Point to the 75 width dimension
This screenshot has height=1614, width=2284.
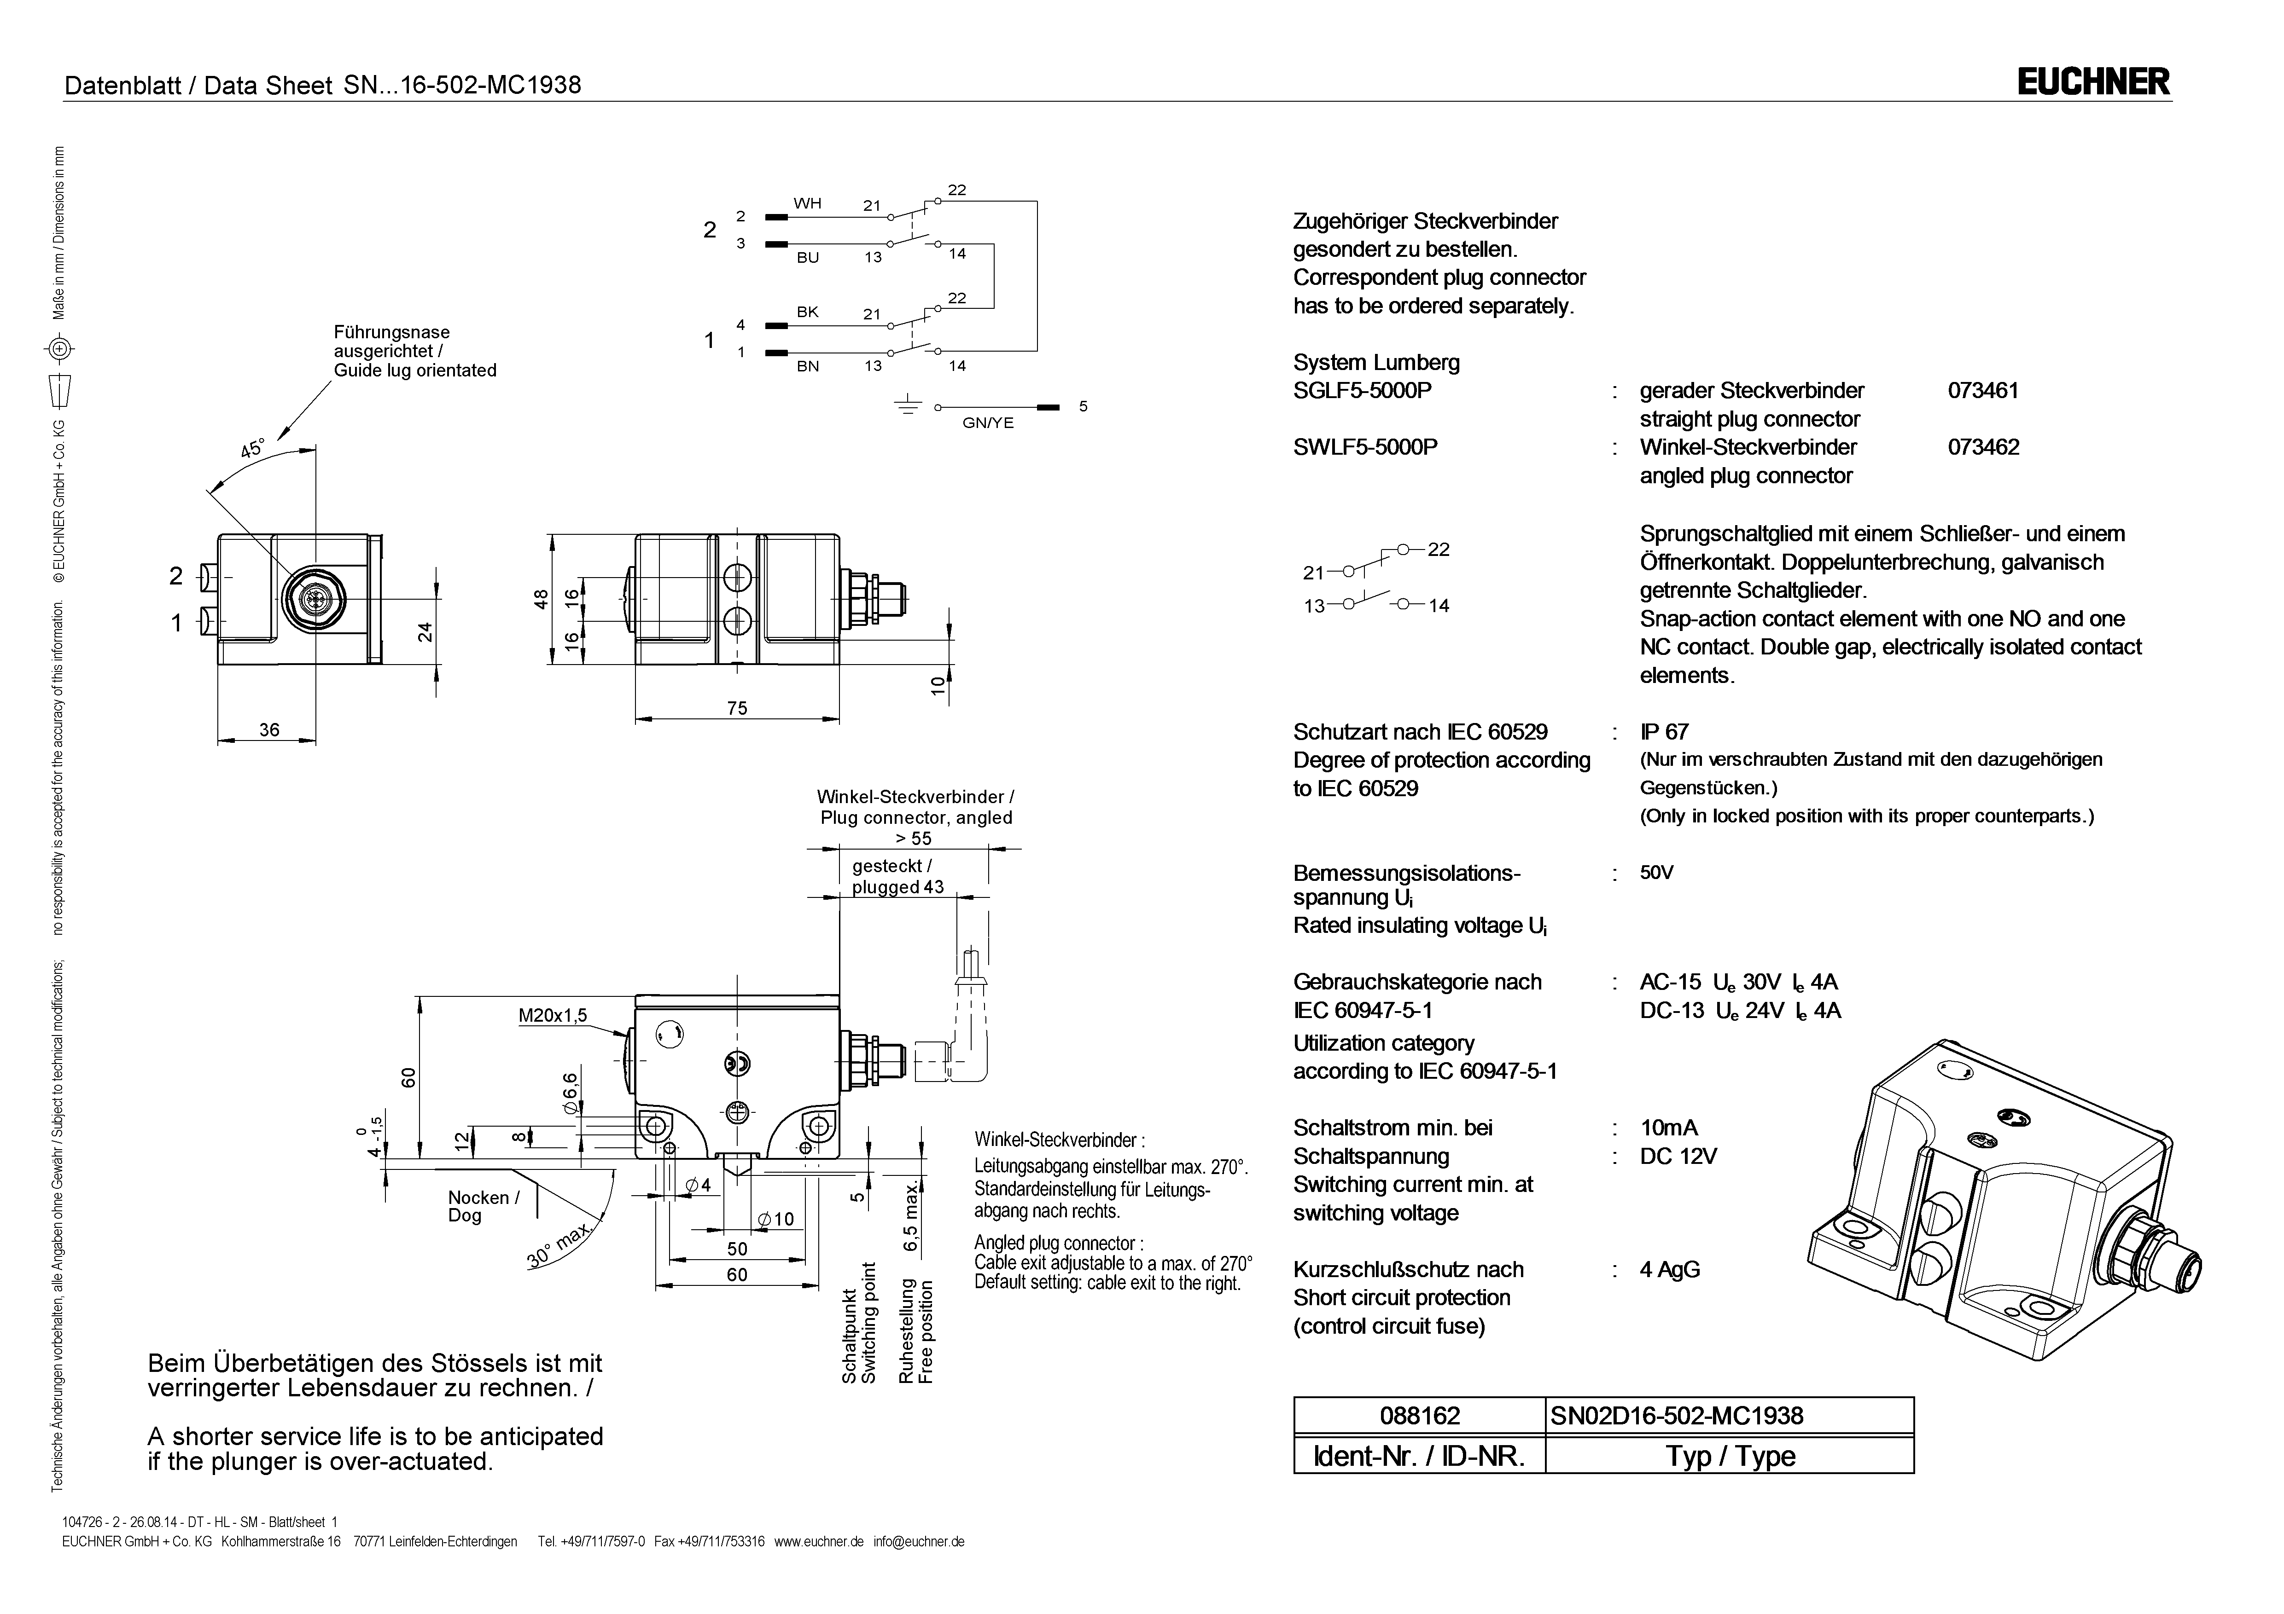tap(737, 708)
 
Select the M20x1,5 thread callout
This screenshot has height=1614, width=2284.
tap(553, 1015)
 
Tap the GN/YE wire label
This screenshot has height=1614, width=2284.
tap(988, 422)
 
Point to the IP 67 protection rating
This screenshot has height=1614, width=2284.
tap(1664, 732)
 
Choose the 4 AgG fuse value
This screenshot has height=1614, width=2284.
tap(1670, 1270)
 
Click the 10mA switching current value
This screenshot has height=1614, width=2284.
tap(1669, 1128)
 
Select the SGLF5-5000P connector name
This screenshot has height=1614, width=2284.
tap(1362, 391)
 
